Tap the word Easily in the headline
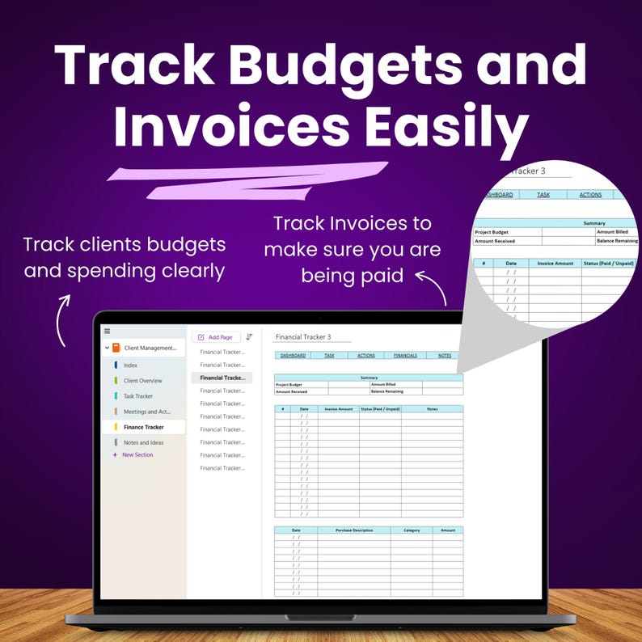coord(440,127)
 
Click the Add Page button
coord(216,337)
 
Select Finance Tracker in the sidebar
coord(143,427)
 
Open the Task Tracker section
coord(137,396)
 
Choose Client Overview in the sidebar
coord(142,381)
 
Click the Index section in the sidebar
coord(130,365)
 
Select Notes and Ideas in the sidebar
coord(143,442)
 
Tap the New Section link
coord(137,454)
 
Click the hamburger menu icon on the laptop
coord(107,331)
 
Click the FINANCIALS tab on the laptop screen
coord(405,356)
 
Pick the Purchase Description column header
coord(353,530)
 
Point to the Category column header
coord(411,530)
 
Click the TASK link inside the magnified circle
coord(543,195)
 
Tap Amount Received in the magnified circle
coord(495,241)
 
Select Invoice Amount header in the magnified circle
coord(555,263)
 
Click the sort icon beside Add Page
coord(249,337)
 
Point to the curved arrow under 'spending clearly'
coord(62,322)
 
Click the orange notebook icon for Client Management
coord(116,348)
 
